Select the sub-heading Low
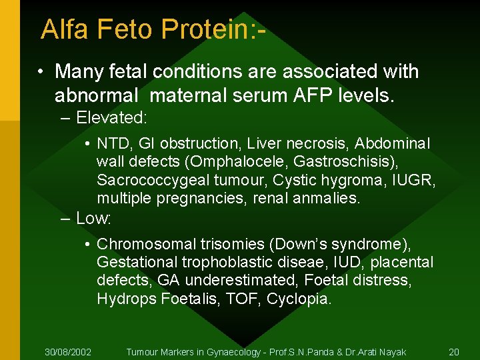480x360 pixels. point(93,218)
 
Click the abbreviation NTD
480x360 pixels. point(112,144)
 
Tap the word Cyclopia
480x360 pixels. point(298,299)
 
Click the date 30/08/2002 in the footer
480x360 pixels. point(68,351)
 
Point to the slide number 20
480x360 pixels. point(454,351)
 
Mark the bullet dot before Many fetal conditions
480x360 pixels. point(41,71)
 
